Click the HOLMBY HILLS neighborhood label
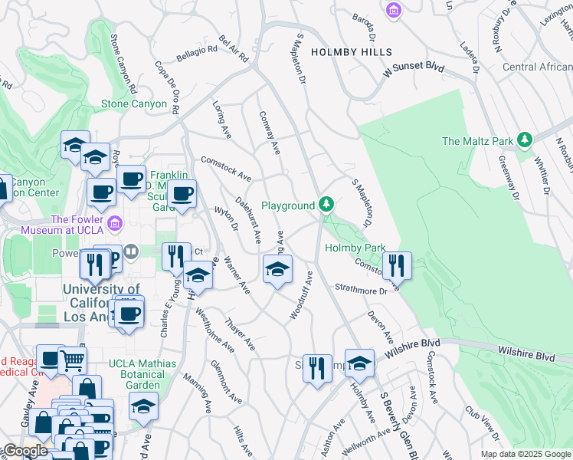(352, 52)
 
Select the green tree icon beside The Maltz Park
(525, 140)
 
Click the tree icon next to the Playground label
(326, 205)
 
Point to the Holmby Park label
(355, 248)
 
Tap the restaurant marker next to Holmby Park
(397, 265)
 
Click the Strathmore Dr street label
(361, 290)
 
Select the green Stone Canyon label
(134, 103)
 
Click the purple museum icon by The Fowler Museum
(114, 223)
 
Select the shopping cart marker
(72, 359)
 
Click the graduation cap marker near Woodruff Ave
(277, 268)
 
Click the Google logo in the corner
(25, 451)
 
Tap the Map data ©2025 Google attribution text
(525, 454)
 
